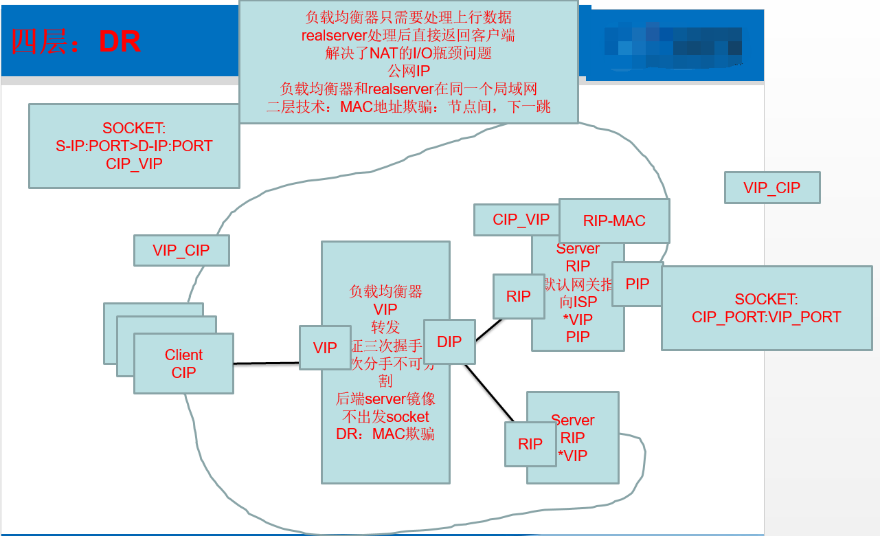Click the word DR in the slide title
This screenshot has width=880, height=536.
pyautogui.click(x=120, y=43)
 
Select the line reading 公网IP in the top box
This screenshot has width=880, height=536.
pyautogui.click(x=408, y=71)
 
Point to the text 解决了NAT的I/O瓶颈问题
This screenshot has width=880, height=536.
pyautogui.click(x=408, y=53)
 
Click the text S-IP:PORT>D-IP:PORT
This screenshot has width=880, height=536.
pyautogui.click(x=134, y=146)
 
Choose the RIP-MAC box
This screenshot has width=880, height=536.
pyautogui.click(x=614, y=221)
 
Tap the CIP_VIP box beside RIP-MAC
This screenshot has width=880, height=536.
pyautogui.click(x=521, y=219)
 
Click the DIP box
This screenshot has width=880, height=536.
pyautogui.click(x=449, y=342)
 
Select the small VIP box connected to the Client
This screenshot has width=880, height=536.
pyautogui.click(x=325, y=348)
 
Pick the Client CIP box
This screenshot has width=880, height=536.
pyautogui.click(x=183, y=364)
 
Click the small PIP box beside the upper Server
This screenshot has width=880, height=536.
pyautogui.click(x=638, y=284)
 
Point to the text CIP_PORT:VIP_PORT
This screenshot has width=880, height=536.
pyautogui.click(x=766, y=317)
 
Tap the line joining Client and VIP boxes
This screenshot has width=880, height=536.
pyautogui.click(x=267, y=363)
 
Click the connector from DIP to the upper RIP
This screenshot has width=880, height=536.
pyautogui.click(x=489, y=329)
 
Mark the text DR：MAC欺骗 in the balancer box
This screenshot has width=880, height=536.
pyautogui.click(x=385, y=434)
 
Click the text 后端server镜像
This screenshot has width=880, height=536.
pyautogui.click(x=385, y=399)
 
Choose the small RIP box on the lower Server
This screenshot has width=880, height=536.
pyautogui.click(x=530, y=444)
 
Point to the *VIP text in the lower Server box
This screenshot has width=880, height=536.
pyautogui.click(x=572, y=455)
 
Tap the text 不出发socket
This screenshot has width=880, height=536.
pyautogui.click(x=385, y=416)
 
